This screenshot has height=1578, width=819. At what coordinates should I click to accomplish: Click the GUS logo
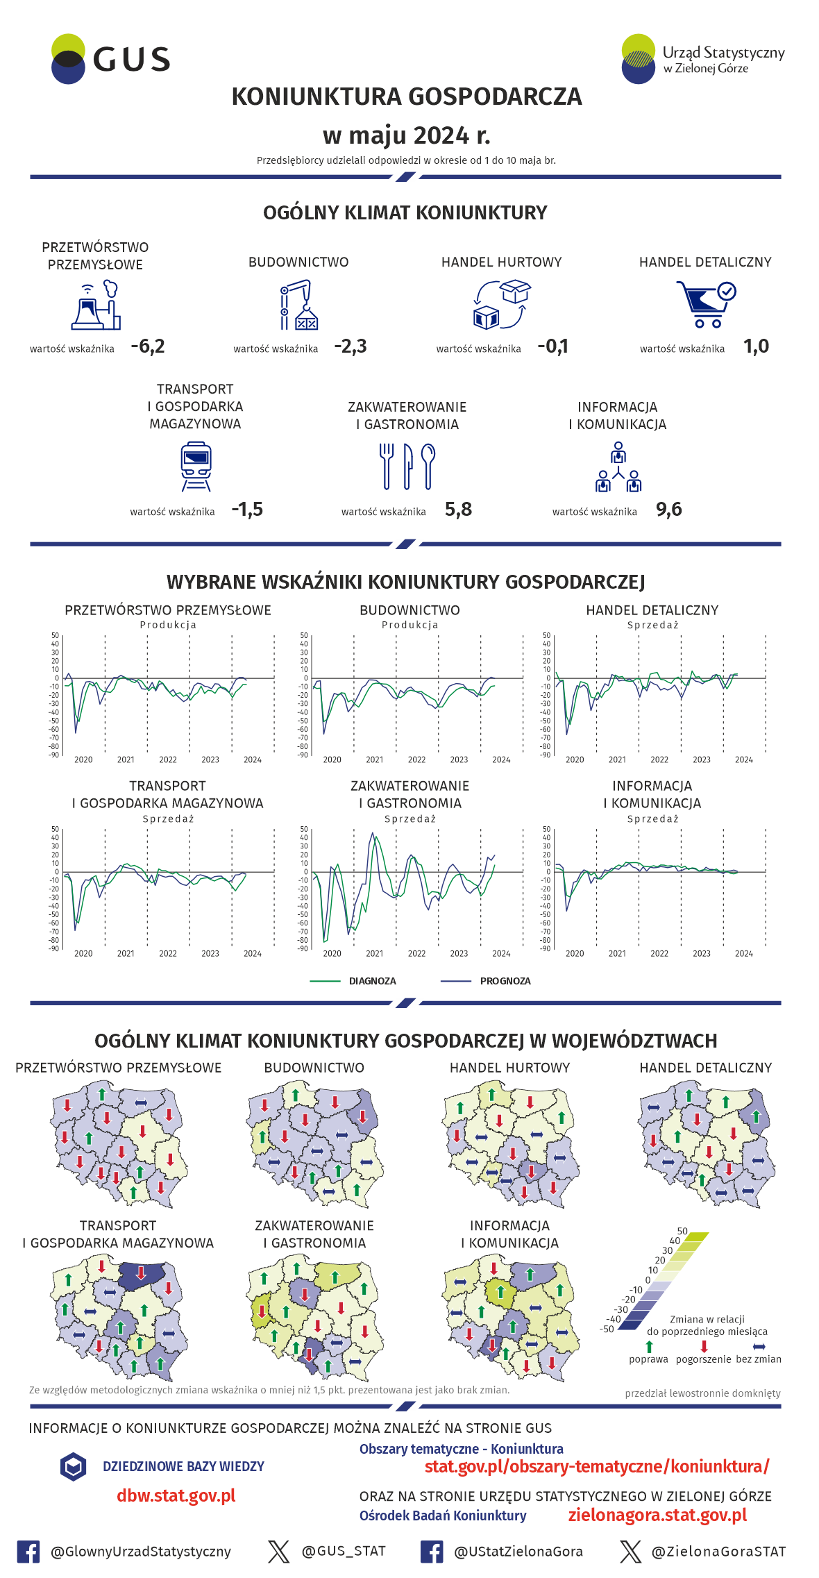tap(110, 59)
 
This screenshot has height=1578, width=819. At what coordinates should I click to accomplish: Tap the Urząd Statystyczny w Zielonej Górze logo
tap(702, 59)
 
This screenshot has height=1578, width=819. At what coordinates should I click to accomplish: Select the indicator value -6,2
tap(148, 346)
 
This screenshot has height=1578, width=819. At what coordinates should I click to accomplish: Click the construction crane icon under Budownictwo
tap(298, 305)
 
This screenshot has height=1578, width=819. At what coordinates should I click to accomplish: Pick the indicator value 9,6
tap(668, 510)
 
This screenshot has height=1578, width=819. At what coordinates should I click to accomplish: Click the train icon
tap(196, 467)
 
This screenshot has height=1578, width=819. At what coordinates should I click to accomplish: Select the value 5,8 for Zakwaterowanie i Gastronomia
tap(458, 510)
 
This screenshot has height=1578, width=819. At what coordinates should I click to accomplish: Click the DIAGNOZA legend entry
tap(372, 981)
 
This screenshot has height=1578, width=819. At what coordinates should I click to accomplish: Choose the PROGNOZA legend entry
tap(505, 981)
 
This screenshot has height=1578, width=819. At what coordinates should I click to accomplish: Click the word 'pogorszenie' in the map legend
tap(703, 1359)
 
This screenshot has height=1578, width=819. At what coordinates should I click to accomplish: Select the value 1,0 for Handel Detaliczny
tap(756, 346)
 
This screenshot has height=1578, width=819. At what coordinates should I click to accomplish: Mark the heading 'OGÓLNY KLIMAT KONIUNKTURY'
tap(405, 213)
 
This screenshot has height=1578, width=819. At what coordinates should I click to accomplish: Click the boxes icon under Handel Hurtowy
tap(502, 304)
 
